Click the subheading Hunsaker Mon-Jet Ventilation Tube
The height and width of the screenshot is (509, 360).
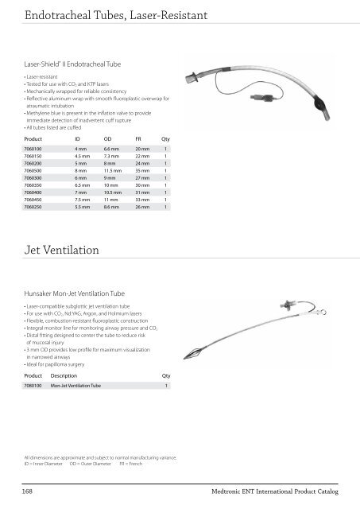76,293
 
